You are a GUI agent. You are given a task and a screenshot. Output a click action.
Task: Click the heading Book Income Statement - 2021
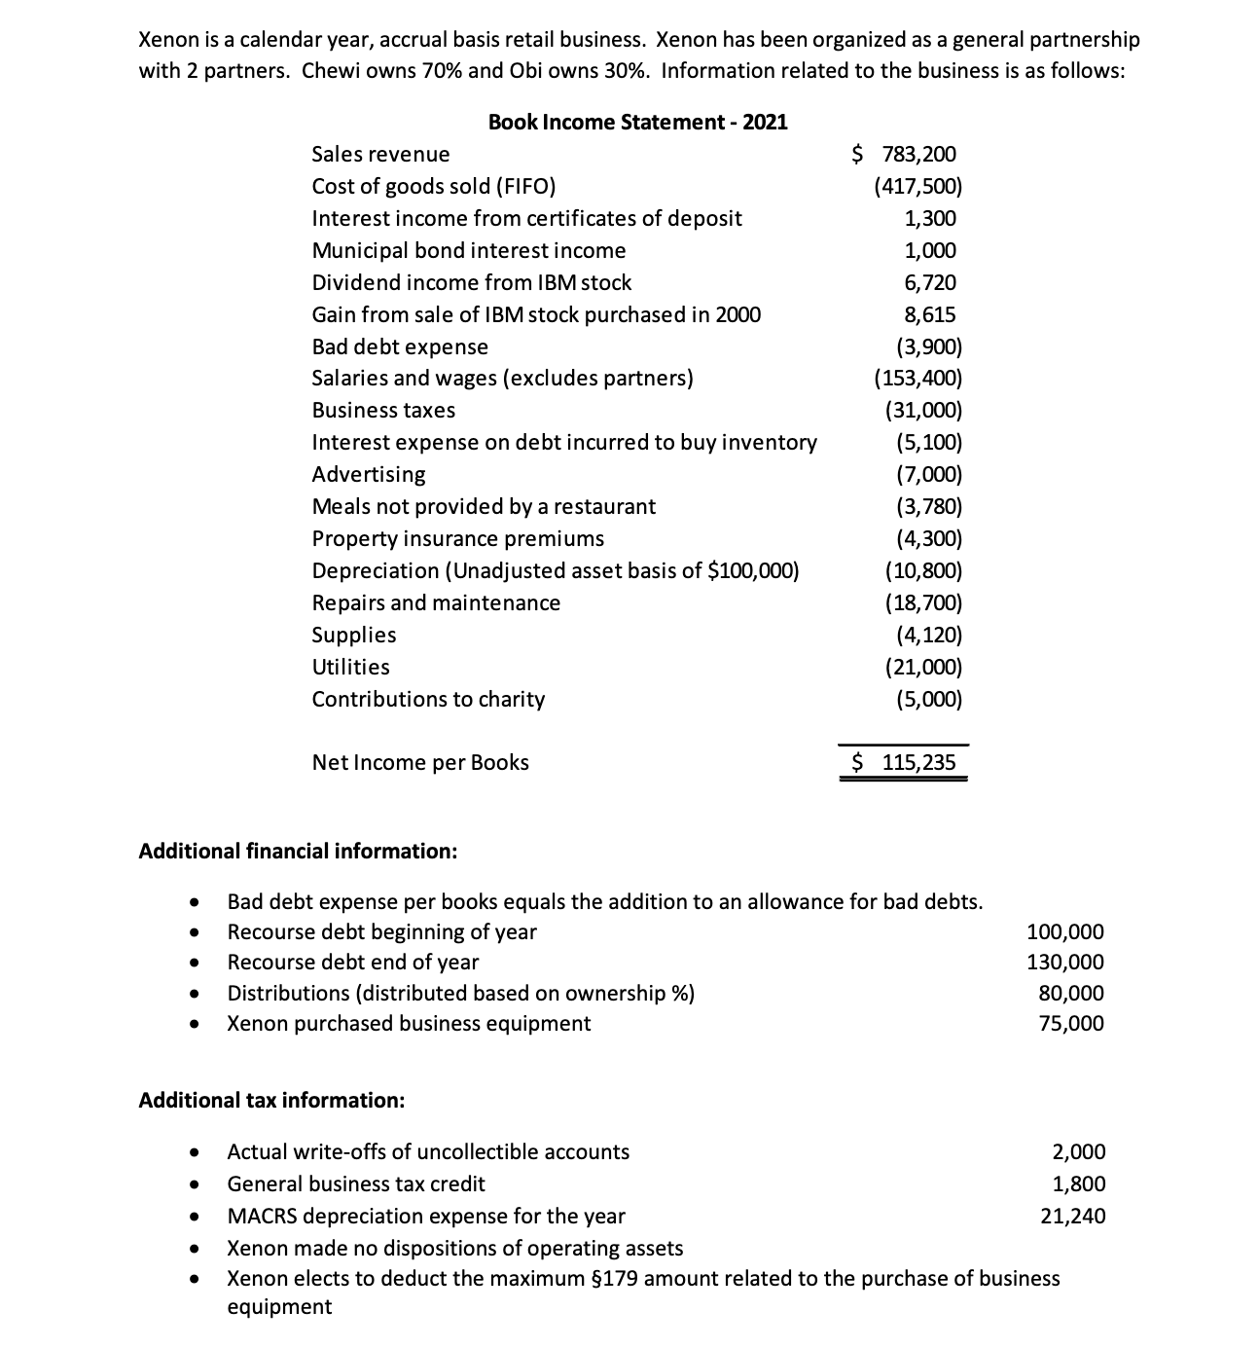point(637,122)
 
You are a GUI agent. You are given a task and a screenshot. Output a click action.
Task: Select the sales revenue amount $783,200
point(905,154)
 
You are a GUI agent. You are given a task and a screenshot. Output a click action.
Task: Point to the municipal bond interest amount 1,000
point(930,250)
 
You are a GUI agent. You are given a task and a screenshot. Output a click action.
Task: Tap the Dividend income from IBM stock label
point(471,282)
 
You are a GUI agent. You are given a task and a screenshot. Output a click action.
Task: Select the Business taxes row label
point(383,410)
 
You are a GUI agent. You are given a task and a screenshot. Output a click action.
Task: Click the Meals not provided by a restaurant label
point(484,506)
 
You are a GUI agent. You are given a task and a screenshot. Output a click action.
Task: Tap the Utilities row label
point(350,667)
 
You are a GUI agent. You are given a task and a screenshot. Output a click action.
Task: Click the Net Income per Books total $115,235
point(905,762)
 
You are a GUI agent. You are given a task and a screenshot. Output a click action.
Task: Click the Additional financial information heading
point(298,851)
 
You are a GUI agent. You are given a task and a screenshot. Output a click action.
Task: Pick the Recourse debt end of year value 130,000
point(1065,962)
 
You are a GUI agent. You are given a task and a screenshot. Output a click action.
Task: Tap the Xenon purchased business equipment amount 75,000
point(1071,1023)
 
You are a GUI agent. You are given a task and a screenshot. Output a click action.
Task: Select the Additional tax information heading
point(271,1100)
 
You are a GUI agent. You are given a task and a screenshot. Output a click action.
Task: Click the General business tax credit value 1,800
point(1079,1183)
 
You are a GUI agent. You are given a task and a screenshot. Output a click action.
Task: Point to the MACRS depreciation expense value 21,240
point(1073,1216)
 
